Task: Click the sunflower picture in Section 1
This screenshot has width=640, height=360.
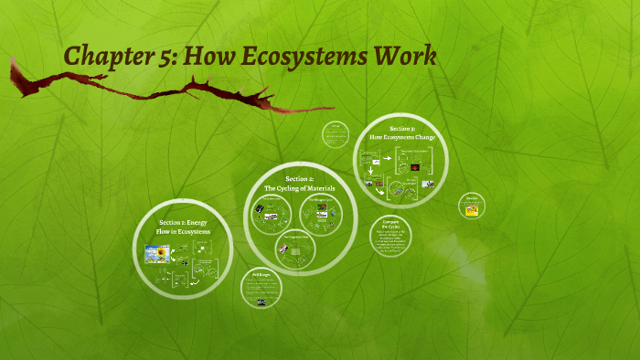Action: tap(158, 253)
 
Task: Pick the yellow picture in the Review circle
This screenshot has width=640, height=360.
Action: tap(472, 210)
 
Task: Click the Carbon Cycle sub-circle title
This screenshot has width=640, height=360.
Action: tap(272, 198)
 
